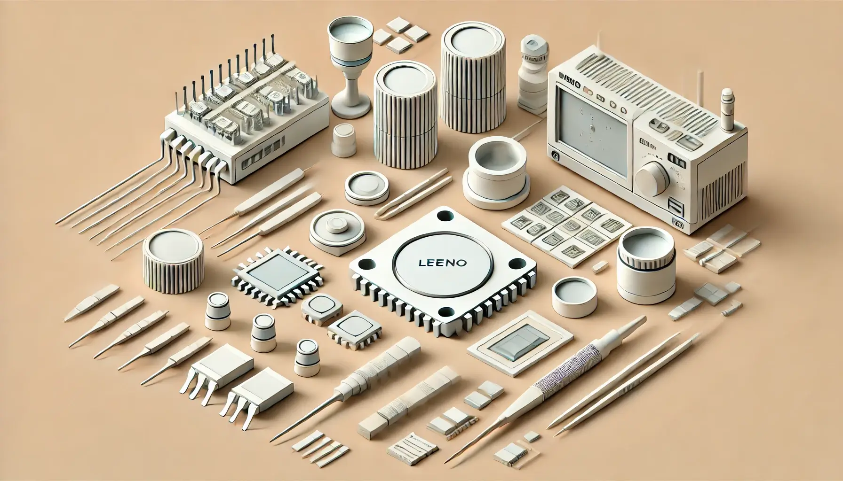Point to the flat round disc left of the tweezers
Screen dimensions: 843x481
pos(366,188)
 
